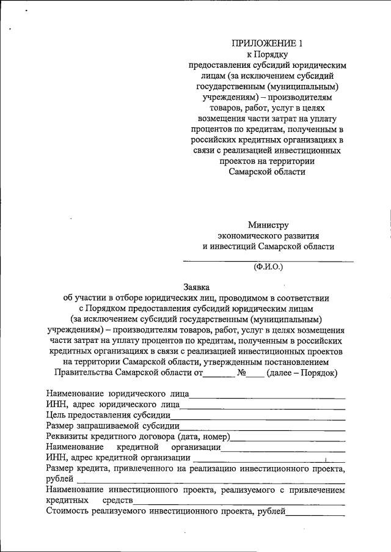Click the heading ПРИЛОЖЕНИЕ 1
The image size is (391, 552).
click(266, 43)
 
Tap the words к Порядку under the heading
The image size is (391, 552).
click(266, 54)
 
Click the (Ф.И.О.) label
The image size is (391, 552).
click(269, 267)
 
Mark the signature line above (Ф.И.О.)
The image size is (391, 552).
click(269, 261)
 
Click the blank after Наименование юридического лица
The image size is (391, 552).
click(268, 396)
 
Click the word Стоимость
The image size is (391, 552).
click(67, 510)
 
